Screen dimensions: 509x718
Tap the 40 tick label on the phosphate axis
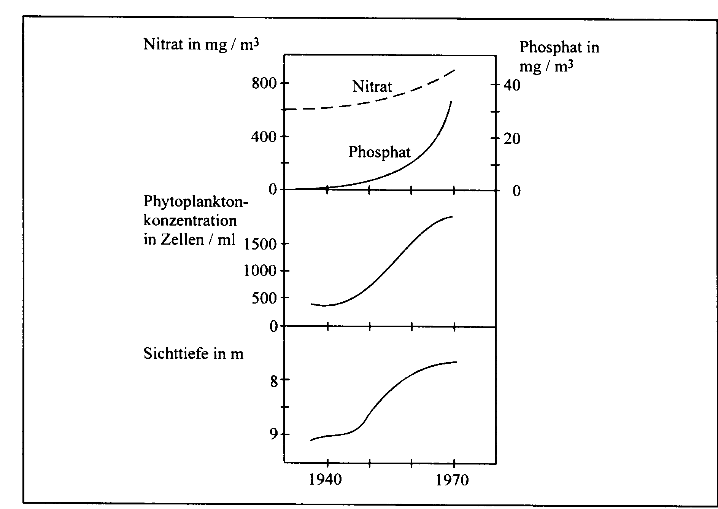pos(512,85)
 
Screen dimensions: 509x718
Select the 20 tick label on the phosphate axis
pos(512,138)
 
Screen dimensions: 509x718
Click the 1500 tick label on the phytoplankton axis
pos(260,244)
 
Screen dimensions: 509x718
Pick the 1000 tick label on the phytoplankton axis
pos(260,271)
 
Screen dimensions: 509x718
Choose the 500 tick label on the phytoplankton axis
pos(264,298)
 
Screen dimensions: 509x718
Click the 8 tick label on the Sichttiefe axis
pos(274,381)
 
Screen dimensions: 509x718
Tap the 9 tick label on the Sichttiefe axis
pos(274,434)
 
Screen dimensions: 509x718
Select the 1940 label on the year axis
pos(326,480)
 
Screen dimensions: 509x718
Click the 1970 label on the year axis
pos(452,480)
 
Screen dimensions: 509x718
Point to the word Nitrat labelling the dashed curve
pos(372,87)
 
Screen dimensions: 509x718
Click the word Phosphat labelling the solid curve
pos(380,152)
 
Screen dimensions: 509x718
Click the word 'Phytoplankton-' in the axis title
pos(195,202)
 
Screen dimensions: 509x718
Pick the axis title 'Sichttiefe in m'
pos(193,354)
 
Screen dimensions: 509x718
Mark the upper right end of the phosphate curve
pos(451,101)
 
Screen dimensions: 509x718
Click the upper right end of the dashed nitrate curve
pos(455,70)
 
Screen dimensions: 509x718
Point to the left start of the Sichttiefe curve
pos(311,441)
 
